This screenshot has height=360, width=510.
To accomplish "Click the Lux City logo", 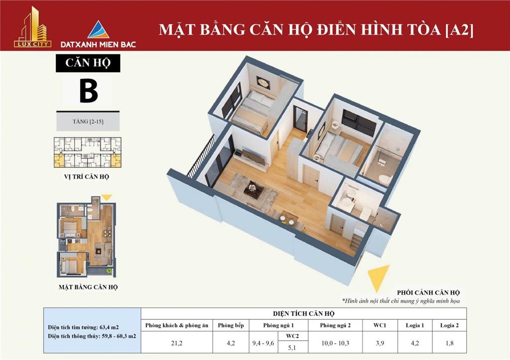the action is point(32,27).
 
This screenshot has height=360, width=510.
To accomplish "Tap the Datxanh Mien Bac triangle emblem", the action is point(99,29).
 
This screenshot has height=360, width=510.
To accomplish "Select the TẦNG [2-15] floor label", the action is point(88,121).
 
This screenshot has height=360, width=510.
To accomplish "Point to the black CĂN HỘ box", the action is point(88,63).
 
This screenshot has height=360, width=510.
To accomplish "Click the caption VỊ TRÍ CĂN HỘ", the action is point(87,177).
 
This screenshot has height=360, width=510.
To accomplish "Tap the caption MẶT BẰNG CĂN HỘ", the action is point(88,287).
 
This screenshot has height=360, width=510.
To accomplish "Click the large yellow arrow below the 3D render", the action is point(379,277).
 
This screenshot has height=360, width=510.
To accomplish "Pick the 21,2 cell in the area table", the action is point(177,343).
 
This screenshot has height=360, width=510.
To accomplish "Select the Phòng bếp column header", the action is point(231,325).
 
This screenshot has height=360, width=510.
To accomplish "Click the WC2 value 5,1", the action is point(292,348).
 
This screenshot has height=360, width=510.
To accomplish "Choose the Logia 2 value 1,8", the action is point(450,343).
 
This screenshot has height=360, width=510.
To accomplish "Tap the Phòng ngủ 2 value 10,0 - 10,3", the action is point(335,343).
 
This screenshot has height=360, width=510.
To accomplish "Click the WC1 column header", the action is point(380,325).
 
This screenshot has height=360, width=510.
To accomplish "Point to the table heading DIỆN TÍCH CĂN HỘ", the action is point(303,314).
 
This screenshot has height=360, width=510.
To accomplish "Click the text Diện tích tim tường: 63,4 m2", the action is point(83,327).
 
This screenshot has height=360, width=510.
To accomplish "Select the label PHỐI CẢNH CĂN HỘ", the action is point(428,292).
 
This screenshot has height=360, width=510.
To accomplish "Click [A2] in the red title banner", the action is point(459,29).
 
